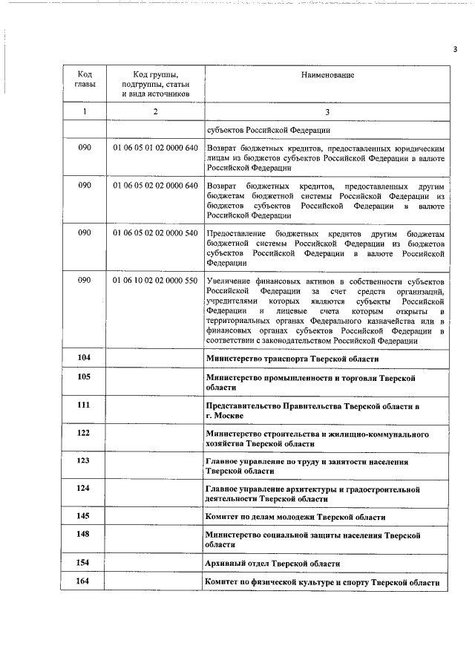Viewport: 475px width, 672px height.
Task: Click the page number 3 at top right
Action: (x=454, y=50)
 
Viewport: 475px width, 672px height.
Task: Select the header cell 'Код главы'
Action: (x=85, y=79)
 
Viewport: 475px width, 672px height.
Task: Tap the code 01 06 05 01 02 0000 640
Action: (x=155, y=149)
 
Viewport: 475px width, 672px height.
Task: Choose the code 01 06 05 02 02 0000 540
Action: (x=155, y=233)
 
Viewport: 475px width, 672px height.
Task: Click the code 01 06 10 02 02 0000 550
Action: (x=155, y=281)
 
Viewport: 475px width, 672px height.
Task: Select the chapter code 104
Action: (x=84, y=358)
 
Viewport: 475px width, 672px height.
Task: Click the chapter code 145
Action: (x=84, y=516)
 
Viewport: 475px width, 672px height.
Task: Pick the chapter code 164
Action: (x=84, y=581)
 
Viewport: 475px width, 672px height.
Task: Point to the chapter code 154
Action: (x=84, y=563)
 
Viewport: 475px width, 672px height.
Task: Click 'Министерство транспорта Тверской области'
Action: (x=292, y=359)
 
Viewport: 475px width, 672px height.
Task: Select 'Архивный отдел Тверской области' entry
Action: (x=273, y=564)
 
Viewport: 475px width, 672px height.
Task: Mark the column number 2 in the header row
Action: (x=155, y=111)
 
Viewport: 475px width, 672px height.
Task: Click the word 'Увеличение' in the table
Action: (x=229, y=282)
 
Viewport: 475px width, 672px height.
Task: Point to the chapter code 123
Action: (x=84, y=461)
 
